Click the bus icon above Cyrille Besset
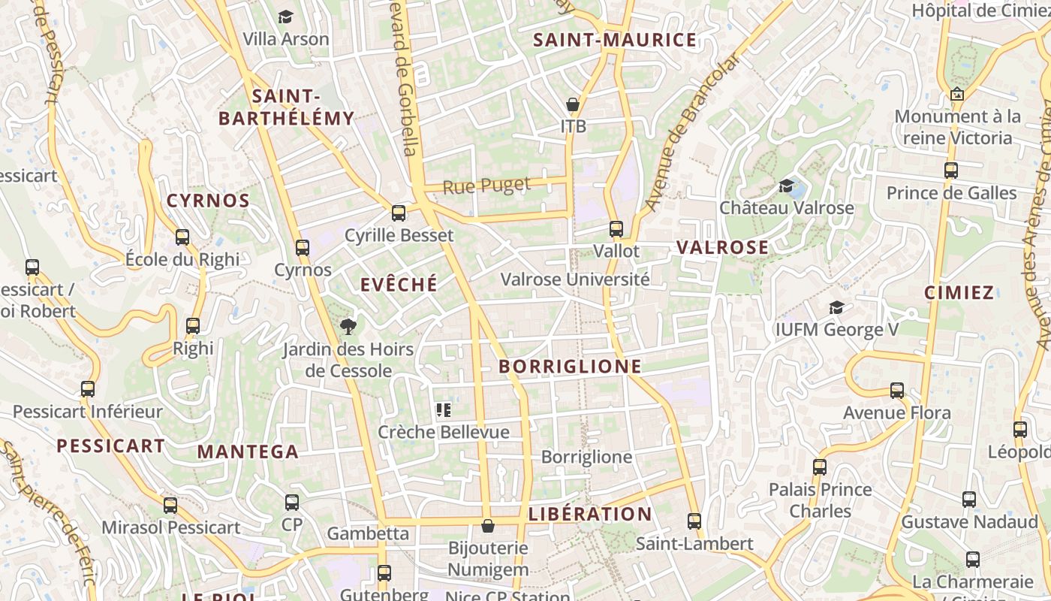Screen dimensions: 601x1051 tap(399, 213)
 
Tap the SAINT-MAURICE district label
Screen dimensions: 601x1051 tap(615, 41)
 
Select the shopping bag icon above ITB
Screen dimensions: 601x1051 tap(573, 104)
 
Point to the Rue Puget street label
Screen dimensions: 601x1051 tap(486, 185)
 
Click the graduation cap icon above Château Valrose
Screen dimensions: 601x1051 tap(786, 186)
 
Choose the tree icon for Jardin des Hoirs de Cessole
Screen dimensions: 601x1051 tap(348, 327)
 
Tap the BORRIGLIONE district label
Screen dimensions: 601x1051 tap(570, 367)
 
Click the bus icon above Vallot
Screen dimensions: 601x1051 tap(616, 229)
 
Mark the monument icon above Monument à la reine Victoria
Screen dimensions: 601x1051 tap(957, 95)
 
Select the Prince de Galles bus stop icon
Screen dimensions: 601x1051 tap(951, 171)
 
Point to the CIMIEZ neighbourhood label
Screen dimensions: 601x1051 tap(959, 293)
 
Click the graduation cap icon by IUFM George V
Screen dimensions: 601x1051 tap(836, 307)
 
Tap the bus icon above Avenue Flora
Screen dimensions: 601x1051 tap(897, 391)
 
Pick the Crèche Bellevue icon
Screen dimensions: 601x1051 tap(443, 410)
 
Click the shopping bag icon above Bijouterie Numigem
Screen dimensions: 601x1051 tap(488, 526)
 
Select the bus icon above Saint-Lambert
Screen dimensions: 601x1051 tap(694, 521)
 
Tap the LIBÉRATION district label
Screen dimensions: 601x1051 tap(590, 515)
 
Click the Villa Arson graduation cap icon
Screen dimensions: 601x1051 tap(285, 17)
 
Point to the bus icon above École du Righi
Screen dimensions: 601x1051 tap(182, 237)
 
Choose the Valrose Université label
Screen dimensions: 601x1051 tap(575, 279)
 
